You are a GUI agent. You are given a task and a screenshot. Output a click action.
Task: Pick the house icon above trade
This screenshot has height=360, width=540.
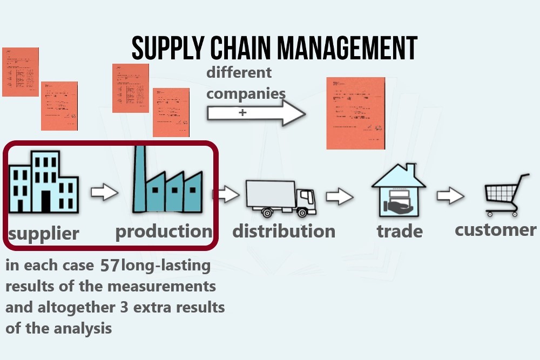(x=399, y=190)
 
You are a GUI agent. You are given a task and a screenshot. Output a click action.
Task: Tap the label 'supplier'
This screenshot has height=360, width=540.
(x=43, y=234)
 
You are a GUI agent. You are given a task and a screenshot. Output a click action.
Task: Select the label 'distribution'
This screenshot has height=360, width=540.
(x=283, y=232)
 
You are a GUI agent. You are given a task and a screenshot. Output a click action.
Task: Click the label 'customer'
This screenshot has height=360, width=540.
(x=495, y=230)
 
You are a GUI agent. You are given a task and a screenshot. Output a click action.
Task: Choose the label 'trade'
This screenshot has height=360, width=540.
(x=400, y=232)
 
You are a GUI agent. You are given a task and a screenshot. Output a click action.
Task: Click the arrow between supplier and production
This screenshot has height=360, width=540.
(x=104, y=192)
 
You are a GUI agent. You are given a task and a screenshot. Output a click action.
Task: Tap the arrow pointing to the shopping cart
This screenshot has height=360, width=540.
(x=450, y=195)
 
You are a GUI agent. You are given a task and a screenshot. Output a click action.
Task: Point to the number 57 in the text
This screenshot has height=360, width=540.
(x=110, y=266)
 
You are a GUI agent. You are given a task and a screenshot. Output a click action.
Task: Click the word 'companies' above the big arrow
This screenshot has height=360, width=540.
(x=246, y=93)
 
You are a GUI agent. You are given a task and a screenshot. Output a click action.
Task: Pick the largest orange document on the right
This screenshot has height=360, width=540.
(x=355, y=113)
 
